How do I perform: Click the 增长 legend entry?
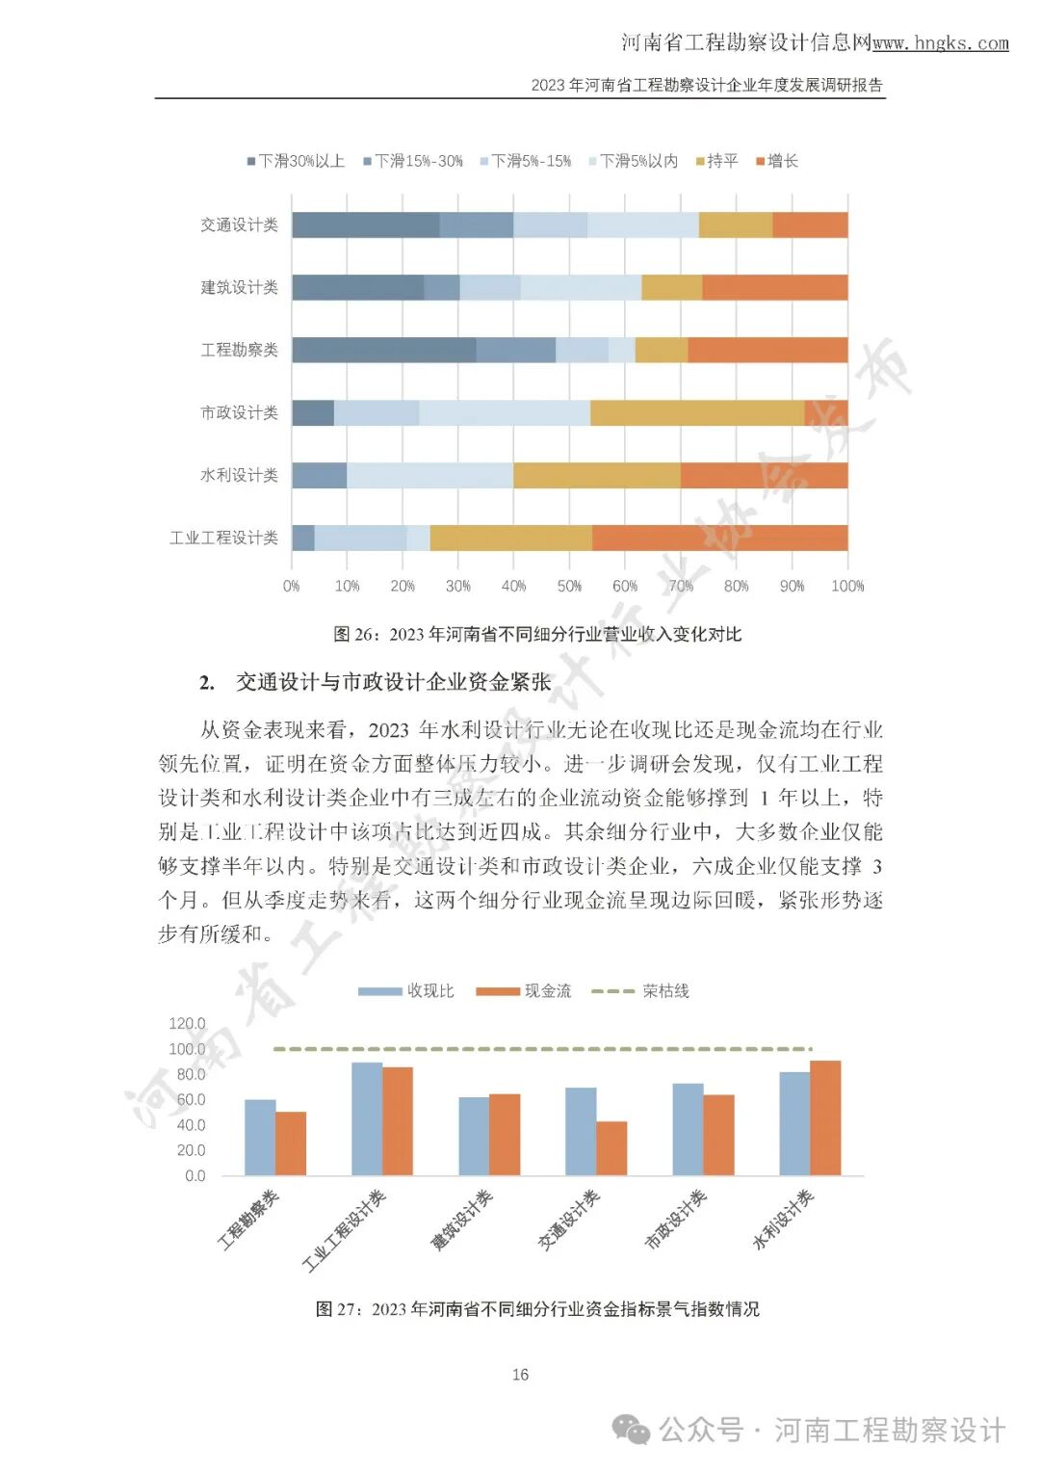[x=777, y=161]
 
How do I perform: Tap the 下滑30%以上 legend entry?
[x=296, y=161]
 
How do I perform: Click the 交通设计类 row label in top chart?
[x=239, y=224]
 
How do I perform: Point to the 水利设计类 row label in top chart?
[x=239, y=475]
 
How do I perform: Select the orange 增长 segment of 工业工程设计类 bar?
[x=719, y=538]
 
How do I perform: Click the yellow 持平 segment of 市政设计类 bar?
[x=696, y=412]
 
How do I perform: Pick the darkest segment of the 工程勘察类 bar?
[x=383, y=350]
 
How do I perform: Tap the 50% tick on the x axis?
[x=569, y=586]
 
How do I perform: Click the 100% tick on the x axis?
[x=847, y=586]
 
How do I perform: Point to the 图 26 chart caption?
[x=537, y=634]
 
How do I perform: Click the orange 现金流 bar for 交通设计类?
[x=611, y=1148]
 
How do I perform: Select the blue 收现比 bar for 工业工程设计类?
[x=367, y=1118]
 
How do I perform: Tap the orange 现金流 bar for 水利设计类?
[x=825, y=1117]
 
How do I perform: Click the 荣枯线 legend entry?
[x=640, y=990]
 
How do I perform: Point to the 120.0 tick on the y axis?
[x=187, y=1023]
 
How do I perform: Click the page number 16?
[x=520, y=1375]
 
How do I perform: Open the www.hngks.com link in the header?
[x=940, y=43]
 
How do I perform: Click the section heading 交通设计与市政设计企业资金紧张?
[x=393, y=682]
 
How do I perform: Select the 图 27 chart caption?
[x=537, y=1308]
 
